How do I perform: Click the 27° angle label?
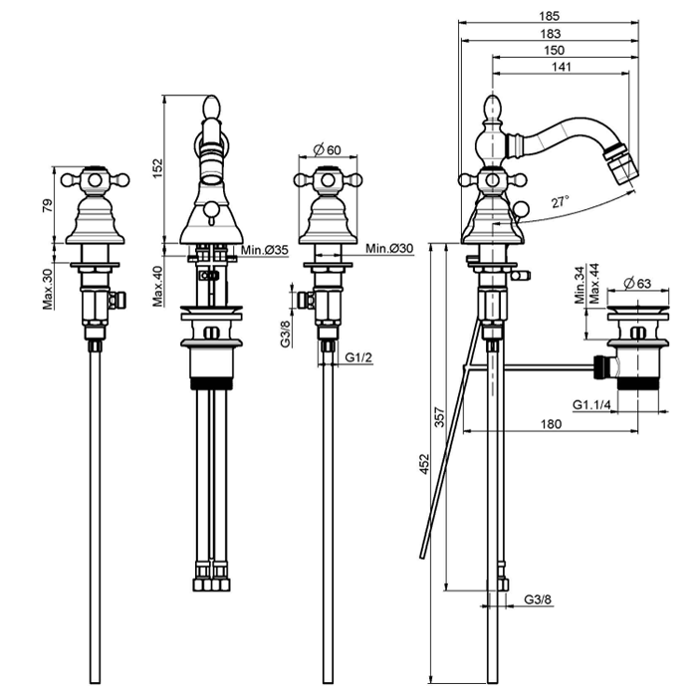562,202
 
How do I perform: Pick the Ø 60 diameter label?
327,149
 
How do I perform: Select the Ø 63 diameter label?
636,284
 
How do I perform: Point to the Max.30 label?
48,288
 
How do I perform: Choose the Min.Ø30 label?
389,248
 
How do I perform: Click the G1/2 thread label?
358,358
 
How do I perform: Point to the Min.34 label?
581,285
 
